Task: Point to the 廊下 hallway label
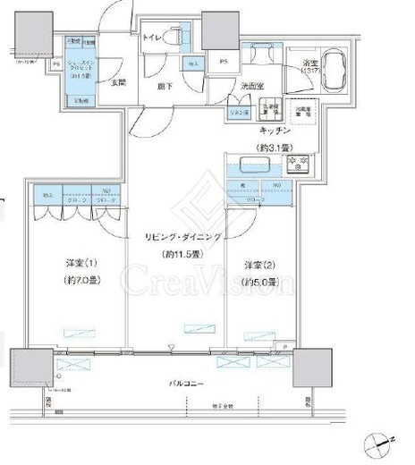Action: tap(165, 86)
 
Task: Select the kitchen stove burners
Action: tap(295, 164)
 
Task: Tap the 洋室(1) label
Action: tap(79, 264)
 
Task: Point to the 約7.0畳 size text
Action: tap(79, 280)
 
